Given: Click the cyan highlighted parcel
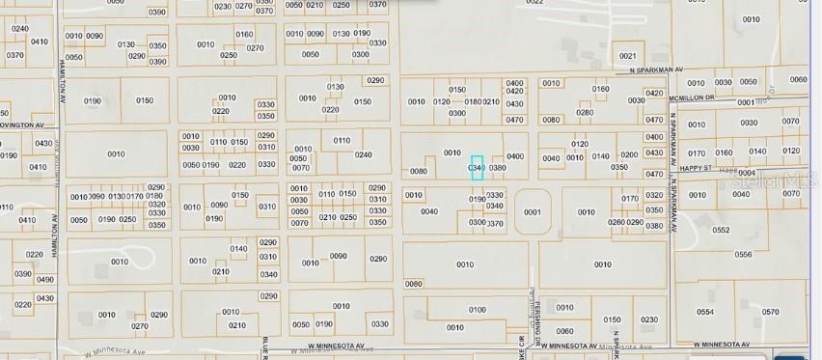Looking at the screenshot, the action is [x=477, y=167].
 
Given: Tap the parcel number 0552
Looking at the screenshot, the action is [x=721, y=231].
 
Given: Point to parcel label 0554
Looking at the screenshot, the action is [x=705, y=312].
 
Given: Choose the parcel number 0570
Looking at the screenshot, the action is [x=770, y=312].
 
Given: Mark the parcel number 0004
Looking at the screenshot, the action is [x=747, y=173].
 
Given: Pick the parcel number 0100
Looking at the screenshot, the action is [x=478, y=310].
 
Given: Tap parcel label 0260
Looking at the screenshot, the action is [x=616, y=222].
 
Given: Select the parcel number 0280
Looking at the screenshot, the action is [x=585, y=113].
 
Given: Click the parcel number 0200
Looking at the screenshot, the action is [x=629, y=155].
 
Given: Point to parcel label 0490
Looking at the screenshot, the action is [x=45, y=280].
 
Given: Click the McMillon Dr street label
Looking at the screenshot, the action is [x=708, y=97].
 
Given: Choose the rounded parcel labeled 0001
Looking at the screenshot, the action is [x=532, y=212].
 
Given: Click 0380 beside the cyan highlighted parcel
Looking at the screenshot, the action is [x=498, y=168].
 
